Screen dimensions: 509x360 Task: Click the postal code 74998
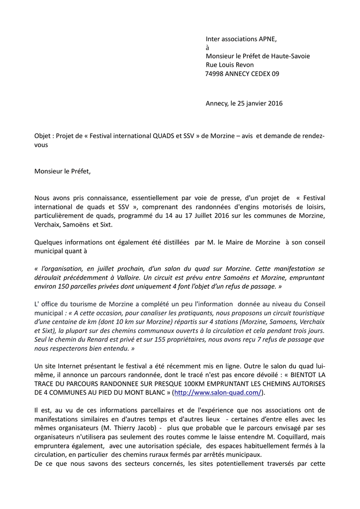coord(214,74)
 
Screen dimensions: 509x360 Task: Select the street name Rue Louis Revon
coord(230,65)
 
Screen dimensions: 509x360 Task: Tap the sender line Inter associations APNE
coord(241,39)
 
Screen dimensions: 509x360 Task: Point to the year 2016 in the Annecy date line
coord(274,103)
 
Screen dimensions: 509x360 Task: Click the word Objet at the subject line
coord(43,136)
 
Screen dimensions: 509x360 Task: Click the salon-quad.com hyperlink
coord(218,393)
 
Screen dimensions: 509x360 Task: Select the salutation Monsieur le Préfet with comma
coord(63,171)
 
